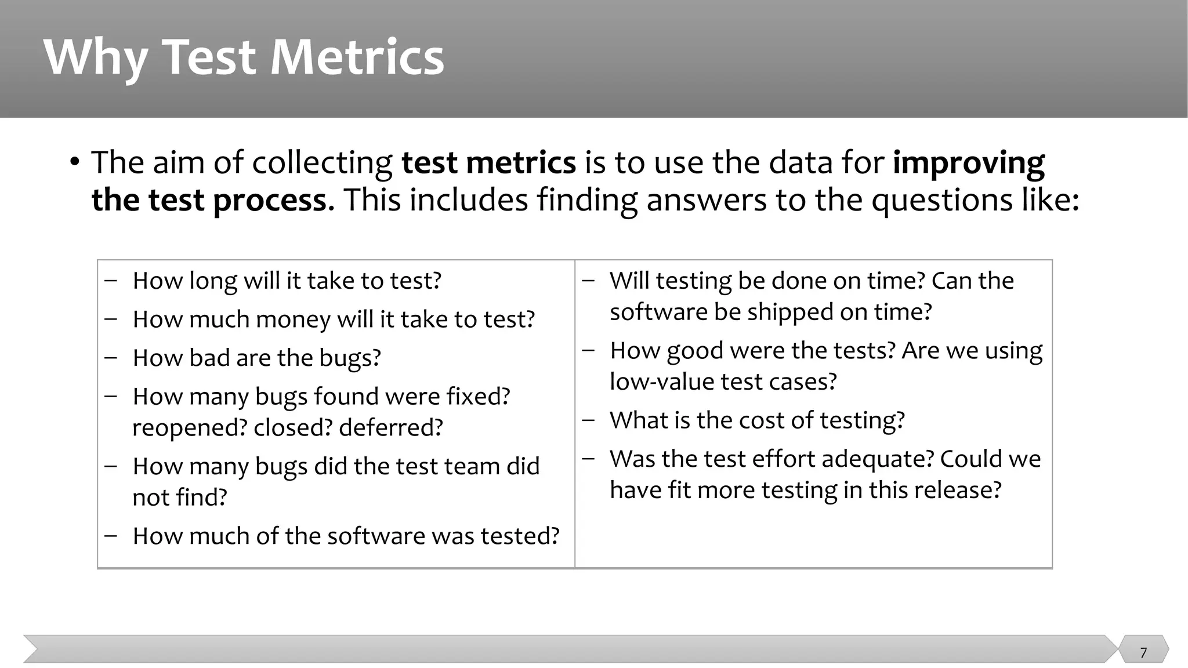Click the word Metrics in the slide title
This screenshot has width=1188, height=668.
click(357, 57)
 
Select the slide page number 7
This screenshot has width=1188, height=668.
click(1143, 652)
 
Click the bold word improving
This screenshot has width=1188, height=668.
click(968, 163)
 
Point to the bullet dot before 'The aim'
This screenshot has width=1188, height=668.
click(74, 162)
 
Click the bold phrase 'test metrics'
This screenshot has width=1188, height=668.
click(488, 162)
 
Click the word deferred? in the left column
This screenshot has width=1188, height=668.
click(390, 428)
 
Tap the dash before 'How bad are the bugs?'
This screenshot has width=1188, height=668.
click(111, 358)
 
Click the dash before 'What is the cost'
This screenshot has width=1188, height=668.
click(588, 420)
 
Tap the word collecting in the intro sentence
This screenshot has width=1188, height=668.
click(322, 163)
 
